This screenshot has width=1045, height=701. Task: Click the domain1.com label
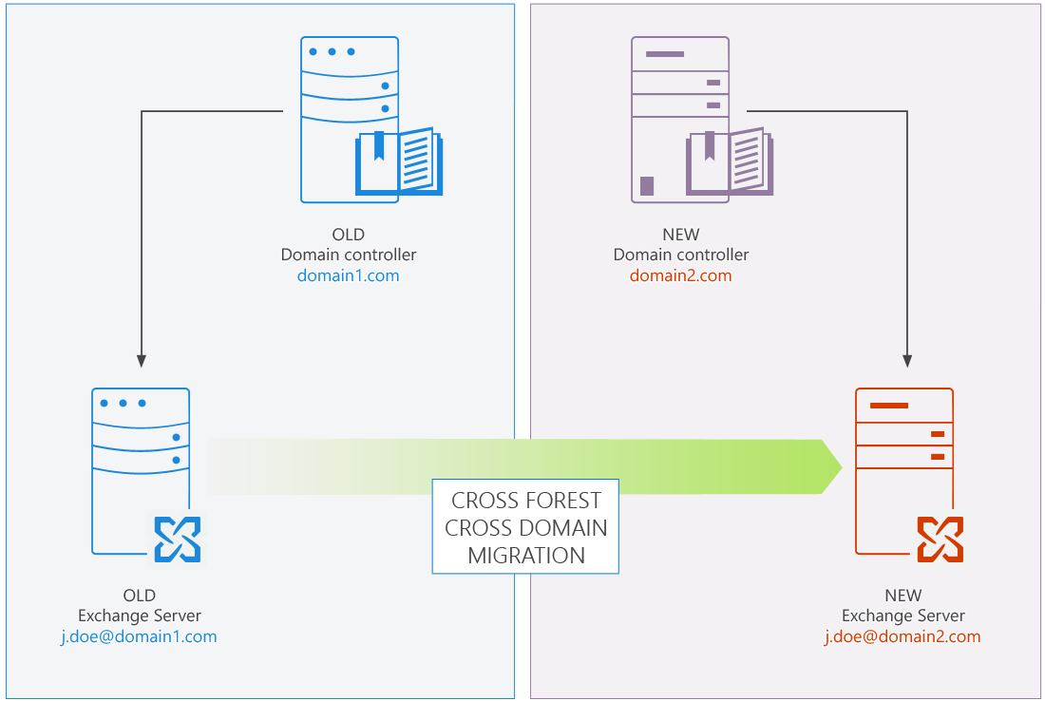pyautogui.click(x=348, y=276)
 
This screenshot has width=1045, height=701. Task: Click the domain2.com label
pyautogui.click(x=680, y=276)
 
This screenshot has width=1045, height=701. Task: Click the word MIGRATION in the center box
pyautogui.click(x=525, y=556)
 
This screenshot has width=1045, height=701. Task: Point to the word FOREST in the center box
pyautogui.click(x=565, y=501)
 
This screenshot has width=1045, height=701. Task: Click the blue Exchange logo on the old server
pyautogui.click(x=178, y=540)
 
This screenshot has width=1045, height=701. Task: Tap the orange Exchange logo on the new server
pyautogui.click(x=940, y=540)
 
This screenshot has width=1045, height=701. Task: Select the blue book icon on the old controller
pyautogui.click(x=399, y=163)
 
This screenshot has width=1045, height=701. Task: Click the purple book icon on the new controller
pyautogui.click(x=730, y=163)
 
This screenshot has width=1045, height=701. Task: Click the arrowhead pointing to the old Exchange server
pyautogui.click(x=141, y=361)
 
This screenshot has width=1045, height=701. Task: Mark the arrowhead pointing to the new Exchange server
pyautogui.click(x=907, y=361)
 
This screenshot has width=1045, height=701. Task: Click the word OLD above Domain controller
pyautogui.click(x=348, y=235)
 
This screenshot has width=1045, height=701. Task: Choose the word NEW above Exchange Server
pyautogui.click(x=902, y=596)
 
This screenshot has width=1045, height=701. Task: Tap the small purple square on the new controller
pyautogui.click(x=647, y=185)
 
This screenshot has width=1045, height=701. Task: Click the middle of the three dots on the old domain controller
pyautogui.click(x=332, y=51)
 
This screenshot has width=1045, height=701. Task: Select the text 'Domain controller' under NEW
pyautogui.click(x=680, y=256)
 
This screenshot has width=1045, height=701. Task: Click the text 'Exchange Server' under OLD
pyautogui.click(x=139, y=616)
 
